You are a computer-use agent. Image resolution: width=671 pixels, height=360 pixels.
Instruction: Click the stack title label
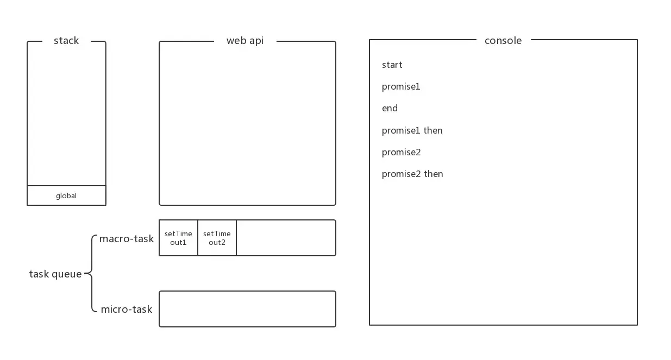pos(66,41)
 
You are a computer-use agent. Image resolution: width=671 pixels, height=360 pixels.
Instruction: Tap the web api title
pos(245,41)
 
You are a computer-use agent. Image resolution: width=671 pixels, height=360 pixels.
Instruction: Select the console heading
pos(503,41)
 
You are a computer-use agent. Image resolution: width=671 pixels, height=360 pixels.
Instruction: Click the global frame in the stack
pos(66,195)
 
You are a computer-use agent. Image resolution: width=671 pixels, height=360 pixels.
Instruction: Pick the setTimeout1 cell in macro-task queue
pos(178,238)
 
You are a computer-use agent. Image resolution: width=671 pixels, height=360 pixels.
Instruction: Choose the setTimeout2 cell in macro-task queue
pos(217,238)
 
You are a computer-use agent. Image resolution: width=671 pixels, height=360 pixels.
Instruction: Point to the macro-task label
pos(126,239)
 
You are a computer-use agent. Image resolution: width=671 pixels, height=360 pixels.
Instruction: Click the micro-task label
pos(126,309)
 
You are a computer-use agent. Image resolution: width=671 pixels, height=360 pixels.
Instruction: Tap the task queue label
pos(55,274)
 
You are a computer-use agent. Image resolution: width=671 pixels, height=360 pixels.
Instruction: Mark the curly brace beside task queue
pos(90,274)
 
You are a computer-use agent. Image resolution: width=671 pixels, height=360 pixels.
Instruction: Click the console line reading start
pos(392,65)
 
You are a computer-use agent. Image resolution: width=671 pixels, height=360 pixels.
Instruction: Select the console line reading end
pos(390,109)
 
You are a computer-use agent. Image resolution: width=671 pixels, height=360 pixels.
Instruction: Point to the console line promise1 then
pos(412,130)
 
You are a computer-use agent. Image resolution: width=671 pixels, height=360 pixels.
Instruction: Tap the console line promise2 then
pos(412,174)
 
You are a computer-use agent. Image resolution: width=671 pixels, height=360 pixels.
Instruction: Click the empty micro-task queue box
pos(247,309)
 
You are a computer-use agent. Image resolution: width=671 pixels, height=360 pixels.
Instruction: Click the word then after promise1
pos(433,130)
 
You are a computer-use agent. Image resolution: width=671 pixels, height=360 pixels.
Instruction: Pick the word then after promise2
pos(434,174)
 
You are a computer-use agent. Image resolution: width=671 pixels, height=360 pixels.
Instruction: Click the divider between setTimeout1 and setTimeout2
pos(198,238)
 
